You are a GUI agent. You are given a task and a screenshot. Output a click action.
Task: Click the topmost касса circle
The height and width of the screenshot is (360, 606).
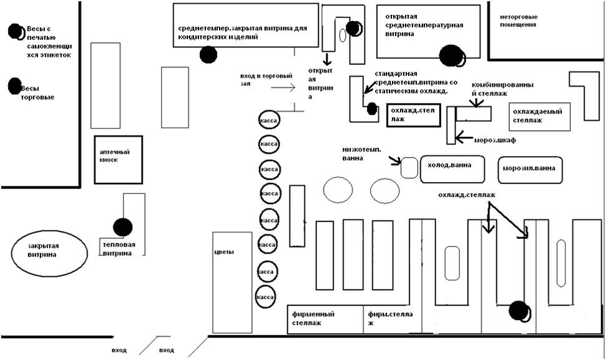point(268,120)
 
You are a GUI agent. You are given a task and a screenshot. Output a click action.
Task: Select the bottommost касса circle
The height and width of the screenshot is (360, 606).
point(267,297)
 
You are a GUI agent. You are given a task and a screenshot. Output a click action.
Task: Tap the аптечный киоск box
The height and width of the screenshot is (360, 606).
point(119,160)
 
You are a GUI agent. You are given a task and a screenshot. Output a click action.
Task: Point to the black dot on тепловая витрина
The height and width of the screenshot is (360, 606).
point(123,228)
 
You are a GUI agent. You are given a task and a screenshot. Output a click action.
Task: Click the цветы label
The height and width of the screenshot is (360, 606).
point(224,252)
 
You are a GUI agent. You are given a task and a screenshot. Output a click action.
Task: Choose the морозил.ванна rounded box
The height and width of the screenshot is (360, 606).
point(530,169)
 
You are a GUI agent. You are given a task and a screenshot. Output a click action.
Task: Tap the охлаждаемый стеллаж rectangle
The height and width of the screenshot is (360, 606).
point(540,116)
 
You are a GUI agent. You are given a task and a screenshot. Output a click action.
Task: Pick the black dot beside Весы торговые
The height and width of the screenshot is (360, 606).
point(14,86)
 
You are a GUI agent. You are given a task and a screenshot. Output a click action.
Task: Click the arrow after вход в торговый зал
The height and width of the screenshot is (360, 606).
point(283,88)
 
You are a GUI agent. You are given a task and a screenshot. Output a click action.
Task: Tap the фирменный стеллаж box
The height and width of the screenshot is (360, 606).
point(325,318)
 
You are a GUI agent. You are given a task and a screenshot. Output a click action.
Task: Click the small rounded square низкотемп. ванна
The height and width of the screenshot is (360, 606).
point(409,168)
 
